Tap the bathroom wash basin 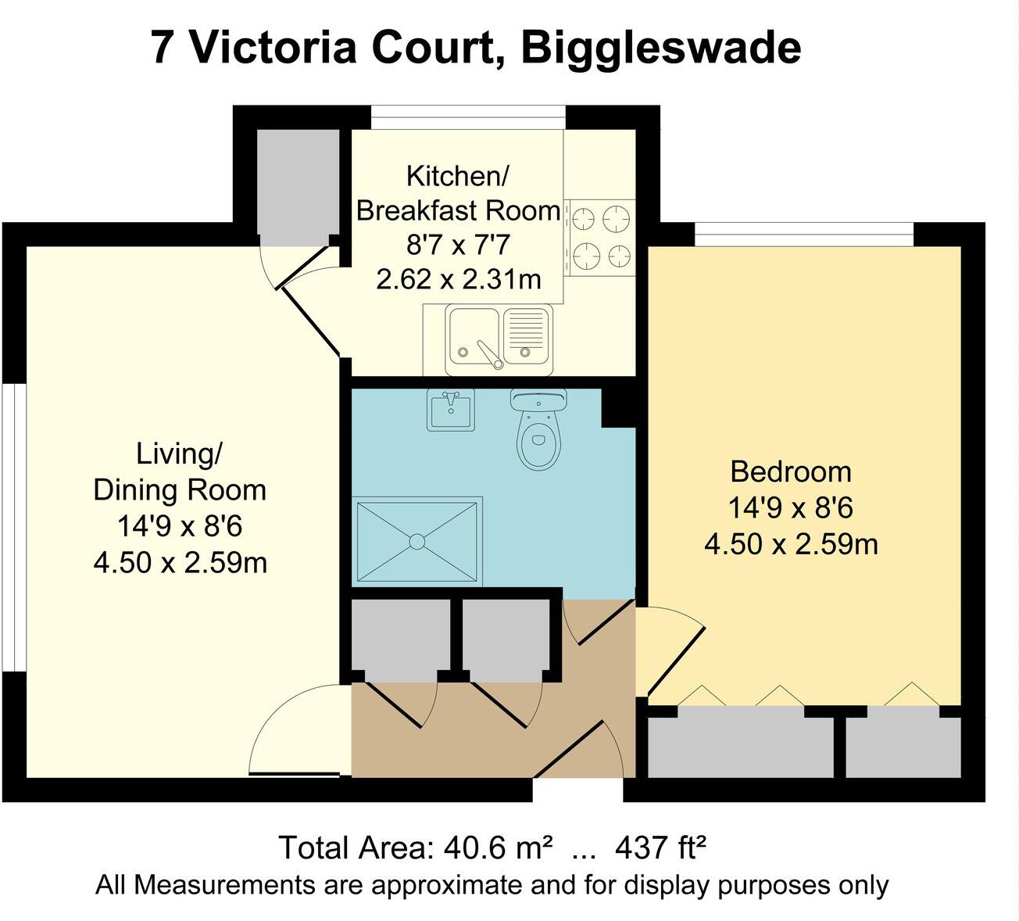point(451,410)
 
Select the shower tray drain point(417,541)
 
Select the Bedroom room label point(790,471)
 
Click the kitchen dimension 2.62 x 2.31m point(458,279)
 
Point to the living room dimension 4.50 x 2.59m point(180,562)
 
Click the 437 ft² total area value point(661,848)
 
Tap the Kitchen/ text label point(457,176)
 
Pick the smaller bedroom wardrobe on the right point(903,747)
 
